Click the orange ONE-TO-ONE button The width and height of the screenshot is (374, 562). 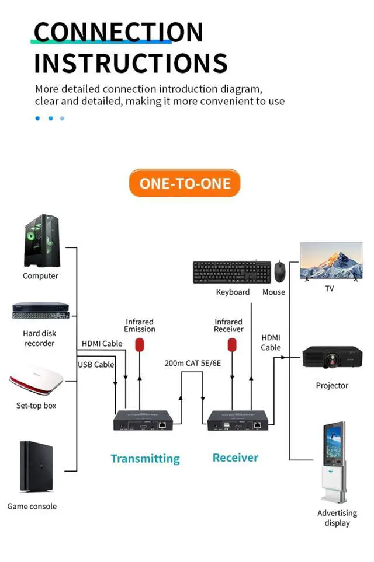[x=185, y=183]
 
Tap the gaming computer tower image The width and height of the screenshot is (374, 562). [x=42, y=240]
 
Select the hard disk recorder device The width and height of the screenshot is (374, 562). [x=41, y=310]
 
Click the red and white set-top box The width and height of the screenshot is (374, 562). [x=36, y=379]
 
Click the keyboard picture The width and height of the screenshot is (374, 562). [x=232, y=273]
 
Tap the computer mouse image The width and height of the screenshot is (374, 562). [x=279, y=272]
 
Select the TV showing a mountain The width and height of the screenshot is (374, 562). [x=331, y=261]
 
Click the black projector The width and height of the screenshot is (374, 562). [x=333, y=357]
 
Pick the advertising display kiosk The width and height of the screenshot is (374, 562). [x=334, y=462]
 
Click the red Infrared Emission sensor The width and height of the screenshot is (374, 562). [x=140, y=345]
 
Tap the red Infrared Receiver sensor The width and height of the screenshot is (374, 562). [x=232, y=345]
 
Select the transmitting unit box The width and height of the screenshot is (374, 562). [x=143, y=420]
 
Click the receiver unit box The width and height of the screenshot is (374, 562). [x=238, y=420]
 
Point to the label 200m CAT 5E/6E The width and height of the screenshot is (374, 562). [x=193, y=363]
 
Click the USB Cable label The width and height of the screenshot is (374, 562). [x=96, y=365]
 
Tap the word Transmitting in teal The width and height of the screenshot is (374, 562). [x=146, y=459]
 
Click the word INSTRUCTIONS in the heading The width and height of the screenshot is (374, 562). [x=131, y=63]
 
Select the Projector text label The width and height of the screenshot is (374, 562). [x=332, y=385]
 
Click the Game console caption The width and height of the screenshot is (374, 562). [x=32, y=506]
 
